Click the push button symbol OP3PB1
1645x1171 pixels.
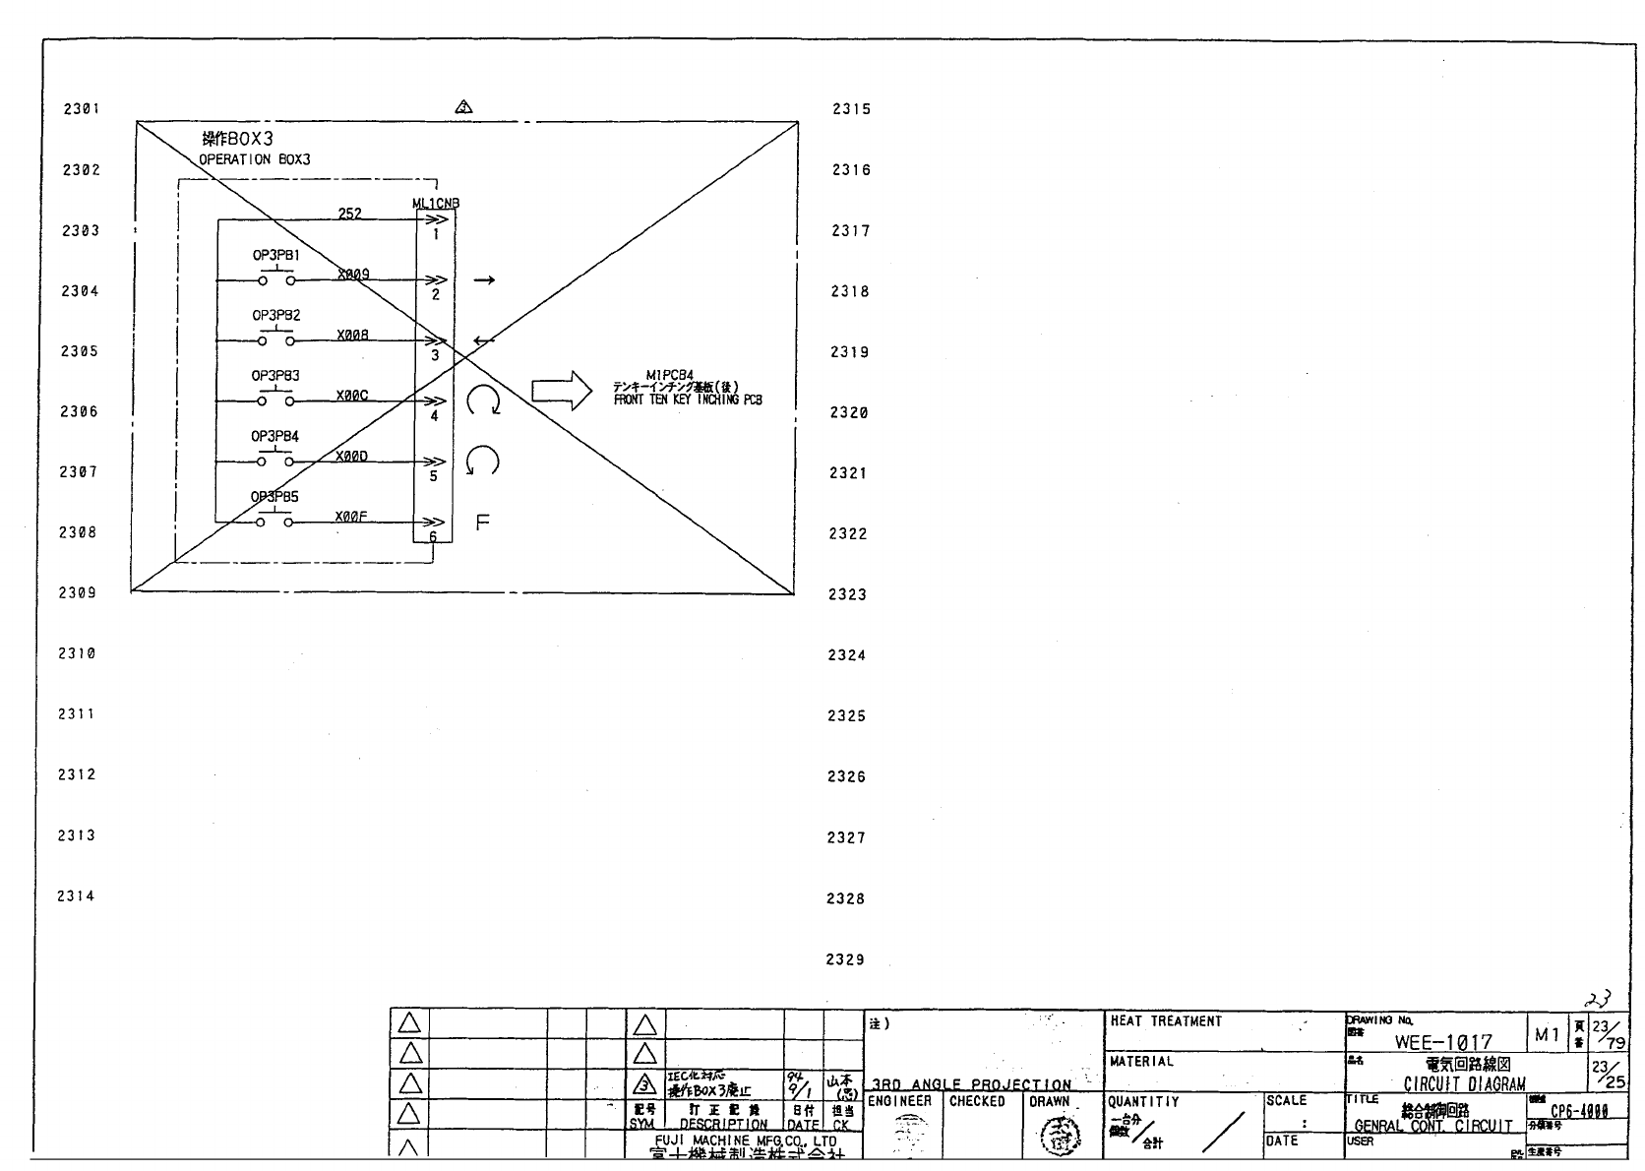tap(275, 279)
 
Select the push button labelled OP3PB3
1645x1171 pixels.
tap(275, 401)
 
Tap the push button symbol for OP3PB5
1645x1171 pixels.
tap(274, 521)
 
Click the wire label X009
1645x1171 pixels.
tap(352, 275)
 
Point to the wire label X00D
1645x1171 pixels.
tap(351, 456)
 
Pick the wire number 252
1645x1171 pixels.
tap(349, 214)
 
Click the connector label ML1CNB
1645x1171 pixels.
tap(436, 204)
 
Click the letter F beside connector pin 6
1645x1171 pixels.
tap(482, 523)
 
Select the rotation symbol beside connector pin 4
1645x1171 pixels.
tap(483, 401)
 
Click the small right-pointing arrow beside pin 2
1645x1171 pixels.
tap(484, 280)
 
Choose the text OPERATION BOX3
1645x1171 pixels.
tap(255, 159)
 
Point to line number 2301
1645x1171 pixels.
tap(82, 109)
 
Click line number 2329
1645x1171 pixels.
tap(845, 959)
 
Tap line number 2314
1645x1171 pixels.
tap(76, 895)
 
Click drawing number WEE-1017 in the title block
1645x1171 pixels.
tap(1442, 1041)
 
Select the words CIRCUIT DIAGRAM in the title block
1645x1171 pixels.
tap(1464, 1084)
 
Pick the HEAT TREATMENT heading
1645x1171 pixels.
tap(1166, 1021)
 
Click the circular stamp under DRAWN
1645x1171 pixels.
tap(1059, 1140)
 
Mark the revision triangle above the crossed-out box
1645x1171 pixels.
tap(463, 106)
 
